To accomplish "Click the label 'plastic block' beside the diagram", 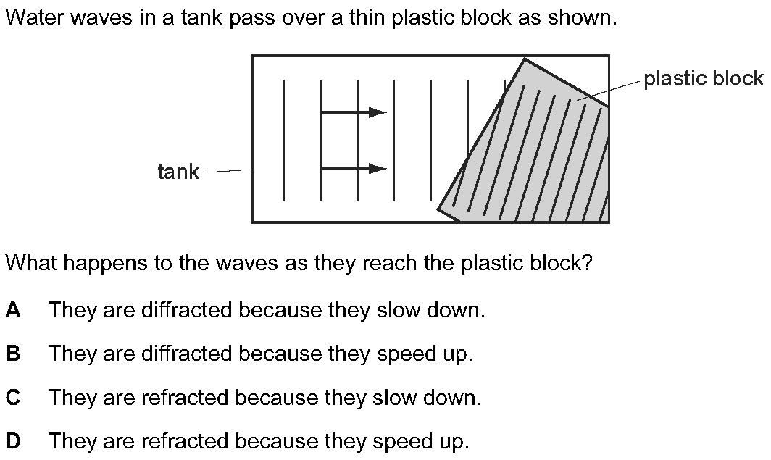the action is (x=704, y=78).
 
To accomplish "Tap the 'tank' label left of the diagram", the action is (x=178, y=172).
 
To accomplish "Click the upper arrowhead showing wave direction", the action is (x=378, y=112).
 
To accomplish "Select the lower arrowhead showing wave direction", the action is (x=378, y=169).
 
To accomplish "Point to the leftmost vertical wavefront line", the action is (x=283, y=140).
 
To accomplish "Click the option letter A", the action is (x=13, y=310).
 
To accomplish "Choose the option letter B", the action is (x=13, y=354).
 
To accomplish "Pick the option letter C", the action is (x=13, y=397).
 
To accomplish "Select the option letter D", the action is (x=13, y=441).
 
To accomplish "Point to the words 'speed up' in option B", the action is (x=425, y=354).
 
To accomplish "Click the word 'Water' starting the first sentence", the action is (x=36, y=17).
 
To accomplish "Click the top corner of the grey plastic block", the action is (x=525, y=59).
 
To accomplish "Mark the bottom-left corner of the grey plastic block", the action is (x=438, y=209).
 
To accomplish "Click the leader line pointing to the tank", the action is (x=230, y=171).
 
